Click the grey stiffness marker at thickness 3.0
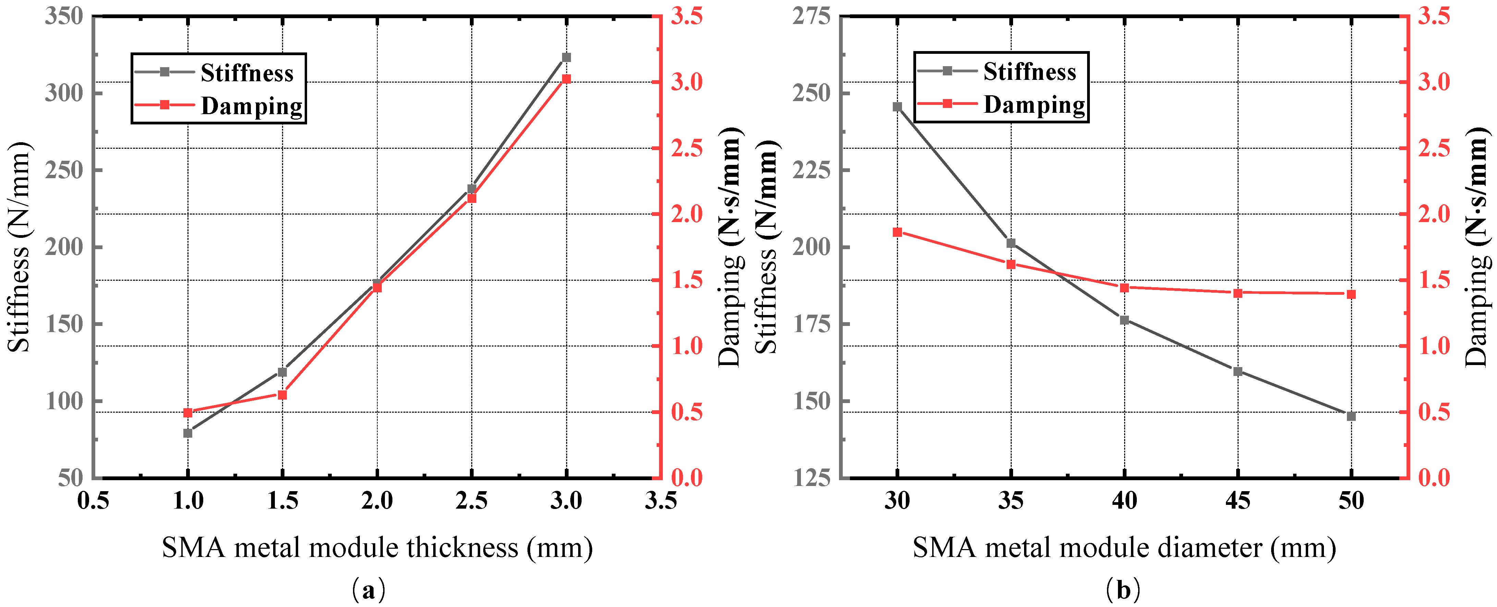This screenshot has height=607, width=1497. (566, 57)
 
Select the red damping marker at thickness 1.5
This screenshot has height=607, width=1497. (282, 395)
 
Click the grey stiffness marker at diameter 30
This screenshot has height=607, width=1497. (897, 106)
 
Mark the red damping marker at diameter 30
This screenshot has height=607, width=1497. (897, 232)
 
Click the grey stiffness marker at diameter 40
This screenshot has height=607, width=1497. (1124, 320)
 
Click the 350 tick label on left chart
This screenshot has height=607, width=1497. (64, 16)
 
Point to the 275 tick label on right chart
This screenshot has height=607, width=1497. (811, 16)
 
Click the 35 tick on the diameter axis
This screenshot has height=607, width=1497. (1011, 501)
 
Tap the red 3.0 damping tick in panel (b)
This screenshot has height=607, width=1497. (1434, 82)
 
